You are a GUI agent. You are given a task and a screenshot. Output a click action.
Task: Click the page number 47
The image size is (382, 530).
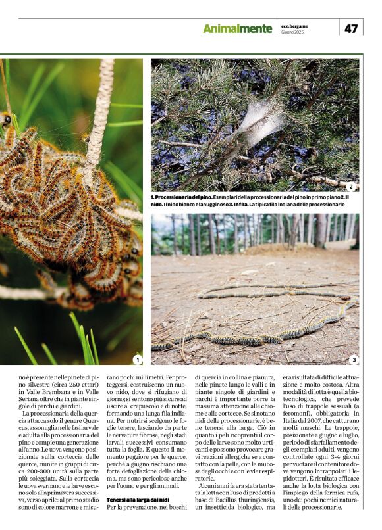click(351, 28)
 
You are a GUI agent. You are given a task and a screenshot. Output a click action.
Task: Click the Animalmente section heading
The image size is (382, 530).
click(237, 29)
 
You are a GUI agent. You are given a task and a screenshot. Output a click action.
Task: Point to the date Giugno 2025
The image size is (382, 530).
click(292, 32)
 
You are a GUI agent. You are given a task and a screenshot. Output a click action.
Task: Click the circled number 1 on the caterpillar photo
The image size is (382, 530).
click(137, 360)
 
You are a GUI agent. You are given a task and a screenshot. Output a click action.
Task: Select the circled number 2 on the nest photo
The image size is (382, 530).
click(350, 187)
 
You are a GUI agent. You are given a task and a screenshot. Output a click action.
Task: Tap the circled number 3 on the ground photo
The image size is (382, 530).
click(353, 360)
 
